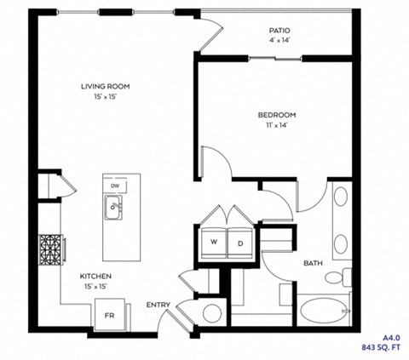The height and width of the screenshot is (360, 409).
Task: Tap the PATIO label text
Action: pyautogui.click(x=279, y=31)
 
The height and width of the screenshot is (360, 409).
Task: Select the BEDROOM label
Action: pyautogui.click(x=277, y=114)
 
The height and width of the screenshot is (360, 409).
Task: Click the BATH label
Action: pyautogui.click(x=312, y=263)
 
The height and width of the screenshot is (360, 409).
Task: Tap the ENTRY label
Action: pyautogui.click(x=158, y=304)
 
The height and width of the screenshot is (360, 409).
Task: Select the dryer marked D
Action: pyautogui.click(x=240, y=243)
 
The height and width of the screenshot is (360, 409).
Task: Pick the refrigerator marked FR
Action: pyautogui.click(x=110, y=314)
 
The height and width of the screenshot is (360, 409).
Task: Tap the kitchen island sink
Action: pyautogui.click(x=113, y=206)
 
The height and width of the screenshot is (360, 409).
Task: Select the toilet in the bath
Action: pyautogui.click(x=345, y=277)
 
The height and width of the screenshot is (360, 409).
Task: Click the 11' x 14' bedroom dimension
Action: pyautogui.click(x=277, y=126)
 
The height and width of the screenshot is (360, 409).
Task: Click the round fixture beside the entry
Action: pyautogui.click(x=212, y=312)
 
